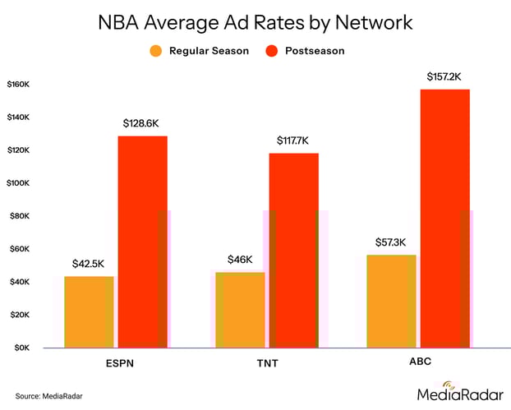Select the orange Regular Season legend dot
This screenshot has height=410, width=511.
click(x=155, y=51)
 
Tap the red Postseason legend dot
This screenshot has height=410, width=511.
click(x=272, y=51)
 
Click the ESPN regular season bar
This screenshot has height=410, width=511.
click(x=89, y=311)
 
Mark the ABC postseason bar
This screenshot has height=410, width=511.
click(x=444, y=218)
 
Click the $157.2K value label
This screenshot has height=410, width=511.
click(x=444, y=76)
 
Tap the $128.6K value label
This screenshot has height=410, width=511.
click(x=142, y=123)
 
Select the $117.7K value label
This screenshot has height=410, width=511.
click(x=292, y=141)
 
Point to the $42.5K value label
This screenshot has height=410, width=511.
click(x=89, y=264)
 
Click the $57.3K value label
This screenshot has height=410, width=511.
click(x=391, y=242)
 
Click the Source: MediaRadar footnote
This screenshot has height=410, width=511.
click(x=49, y=396)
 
